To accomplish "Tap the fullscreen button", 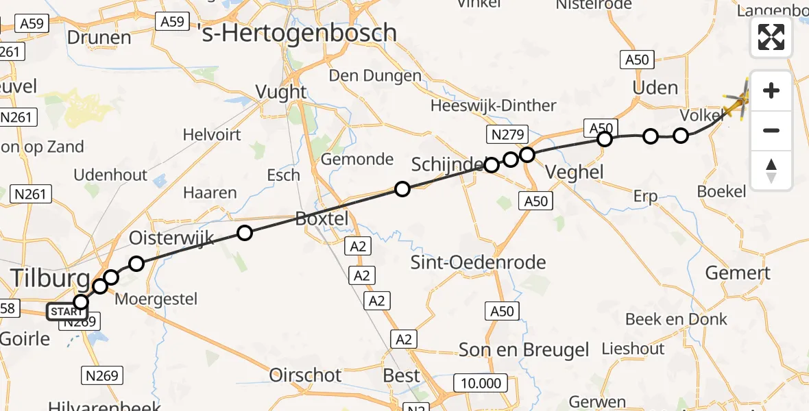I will click(x=771, y=37).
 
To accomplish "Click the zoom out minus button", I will click(x=771, y=130).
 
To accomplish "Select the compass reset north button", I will click(x=771, y=171).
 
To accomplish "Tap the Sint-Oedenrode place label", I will click(x=478, y=262).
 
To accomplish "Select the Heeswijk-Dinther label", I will click(x=494, y=105).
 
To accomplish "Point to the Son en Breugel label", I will click(x=524, y=350).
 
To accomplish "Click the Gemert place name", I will click(x=738, y=273).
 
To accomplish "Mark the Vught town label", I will click(x=281, y=92).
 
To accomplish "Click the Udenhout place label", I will click(x=110, y=175).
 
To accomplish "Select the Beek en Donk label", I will click(x=676, y=319).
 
